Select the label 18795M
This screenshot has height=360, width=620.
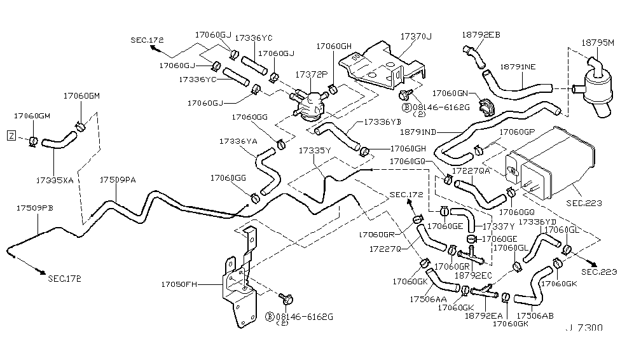(598, 43)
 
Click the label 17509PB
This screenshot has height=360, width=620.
(35, 208)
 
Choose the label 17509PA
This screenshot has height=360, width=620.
(118, 180)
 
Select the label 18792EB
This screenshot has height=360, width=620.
(481, 35)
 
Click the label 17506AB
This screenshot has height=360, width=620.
(534, 315)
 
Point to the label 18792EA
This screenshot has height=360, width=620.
(483, 315)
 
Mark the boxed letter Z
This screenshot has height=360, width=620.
(10, 135)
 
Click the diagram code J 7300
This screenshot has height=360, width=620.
(584, 329)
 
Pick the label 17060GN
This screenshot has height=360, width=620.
(451, 93)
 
